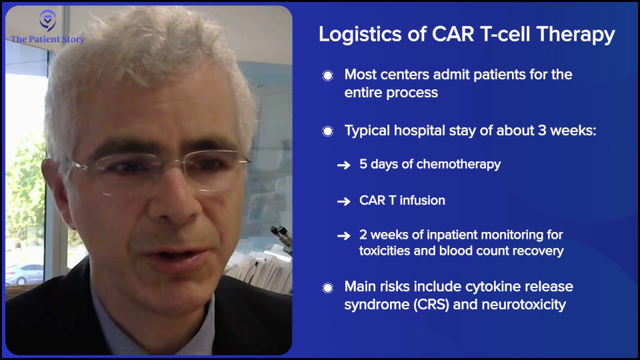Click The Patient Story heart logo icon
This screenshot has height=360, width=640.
pos(47,21)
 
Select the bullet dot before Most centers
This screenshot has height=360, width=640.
pos(327,75)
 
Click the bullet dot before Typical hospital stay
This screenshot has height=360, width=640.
pos(327,131)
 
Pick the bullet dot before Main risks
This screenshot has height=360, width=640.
pos(327,288)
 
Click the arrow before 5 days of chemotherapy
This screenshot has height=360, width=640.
pos(343,165)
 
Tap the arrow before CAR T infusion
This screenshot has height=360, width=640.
pos(343,201)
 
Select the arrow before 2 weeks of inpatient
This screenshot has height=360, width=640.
pos(343,236)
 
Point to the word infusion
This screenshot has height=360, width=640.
pos(422,200)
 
